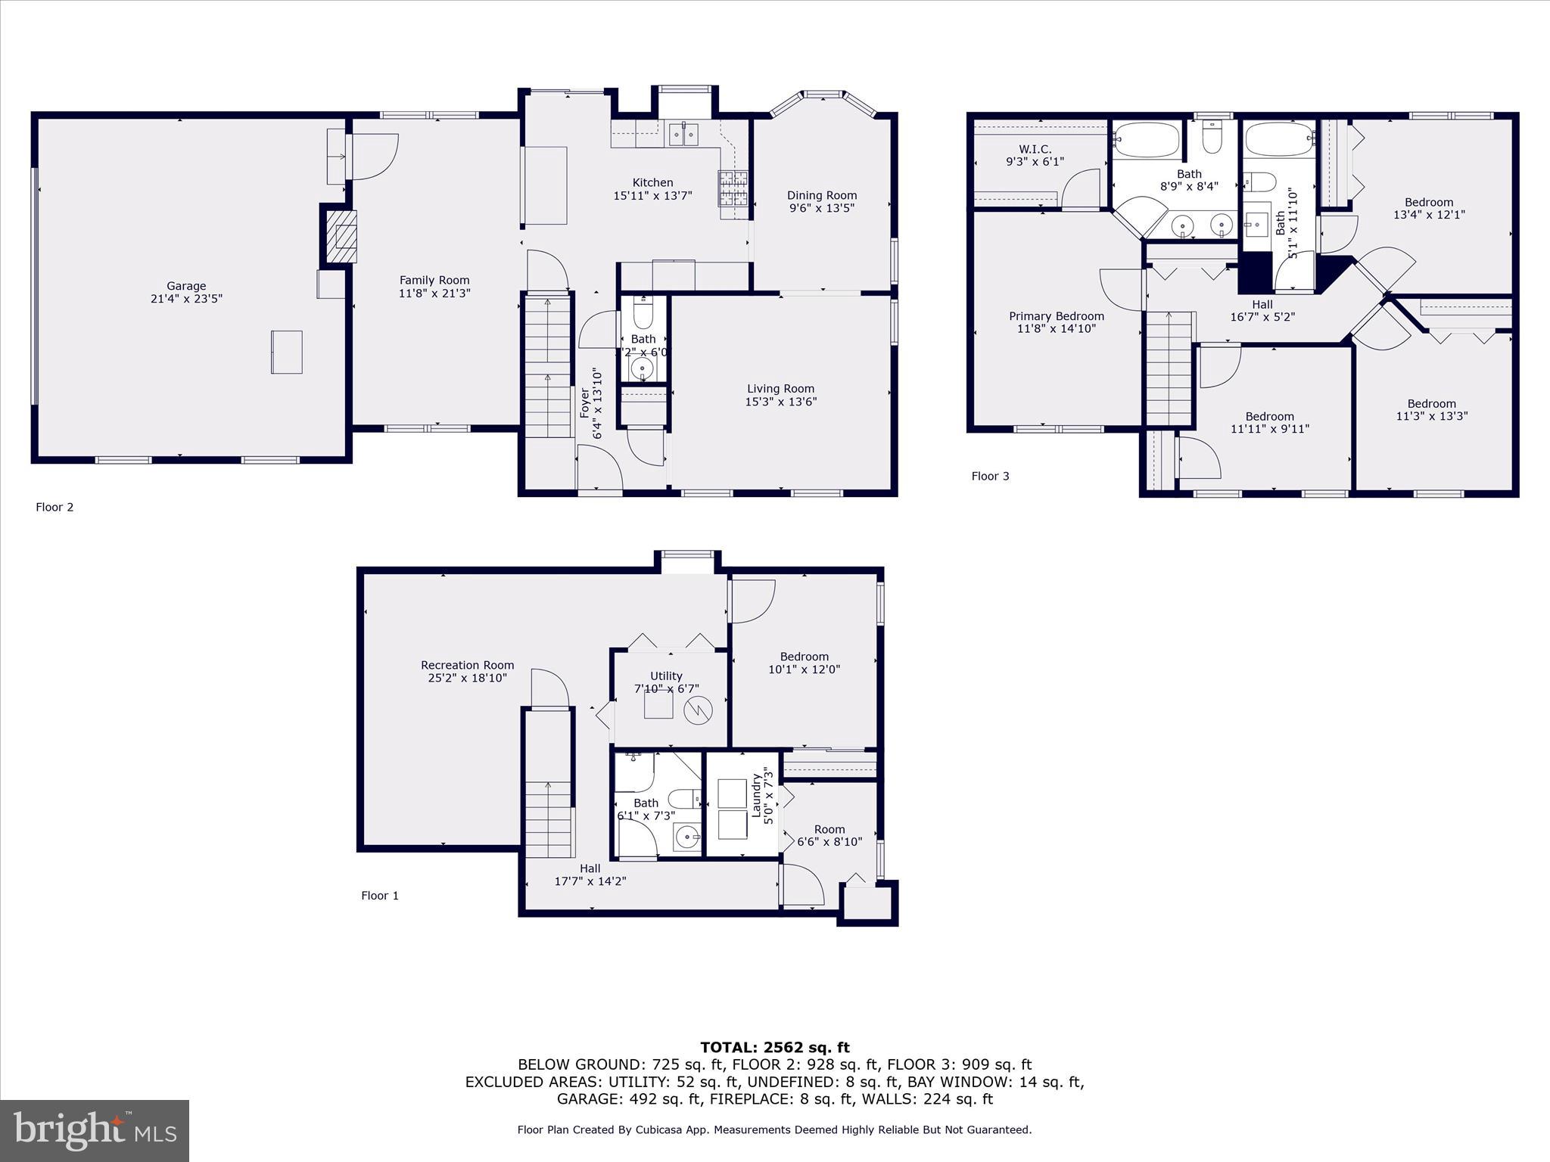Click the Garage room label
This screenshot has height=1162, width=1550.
coord(186,286)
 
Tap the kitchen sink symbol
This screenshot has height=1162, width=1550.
coord(684,135)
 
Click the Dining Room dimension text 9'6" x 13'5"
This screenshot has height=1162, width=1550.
coord(822,208)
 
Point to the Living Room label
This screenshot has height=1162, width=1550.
coord(780,389)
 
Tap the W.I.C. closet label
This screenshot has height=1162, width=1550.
coord(1035,149)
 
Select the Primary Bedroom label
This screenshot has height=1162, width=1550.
coord(1056,316)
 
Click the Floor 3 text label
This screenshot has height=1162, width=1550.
coord(990,476)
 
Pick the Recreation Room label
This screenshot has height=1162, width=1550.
coord(467,665)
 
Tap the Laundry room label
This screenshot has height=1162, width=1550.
coord(755,795)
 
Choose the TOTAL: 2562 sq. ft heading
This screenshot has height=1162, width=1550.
coord(774,1047)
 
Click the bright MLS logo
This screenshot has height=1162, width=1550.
coord(95,1130)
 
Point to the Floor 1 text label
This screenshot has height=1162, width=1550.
coord(379,895)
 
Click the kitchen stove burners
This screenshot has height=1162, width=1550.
coord(732,189)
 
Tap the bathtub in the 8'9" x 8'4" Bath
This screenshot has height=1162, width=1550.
coord(1146,141)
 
